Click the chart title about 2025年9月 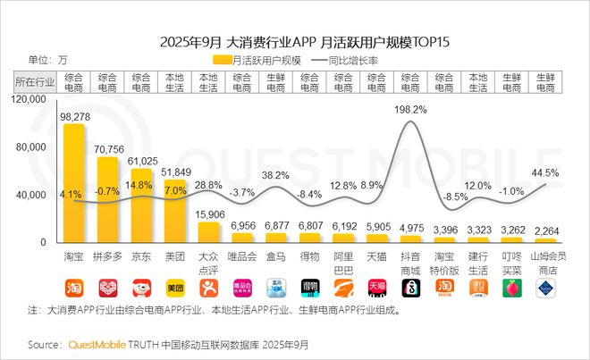pos(294,41)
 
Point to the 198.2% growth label pos(410,109)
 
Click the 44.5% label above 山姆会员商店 pos(544,172)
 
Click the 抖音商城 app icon pos(410,288)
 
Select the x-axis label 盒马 pos(276,257)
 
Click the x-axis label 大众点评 pos(208,263)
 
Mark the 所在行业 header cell pos(35,82)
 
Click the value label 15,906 pos(209,213)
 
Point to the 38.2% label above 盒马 pos(276,176)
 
